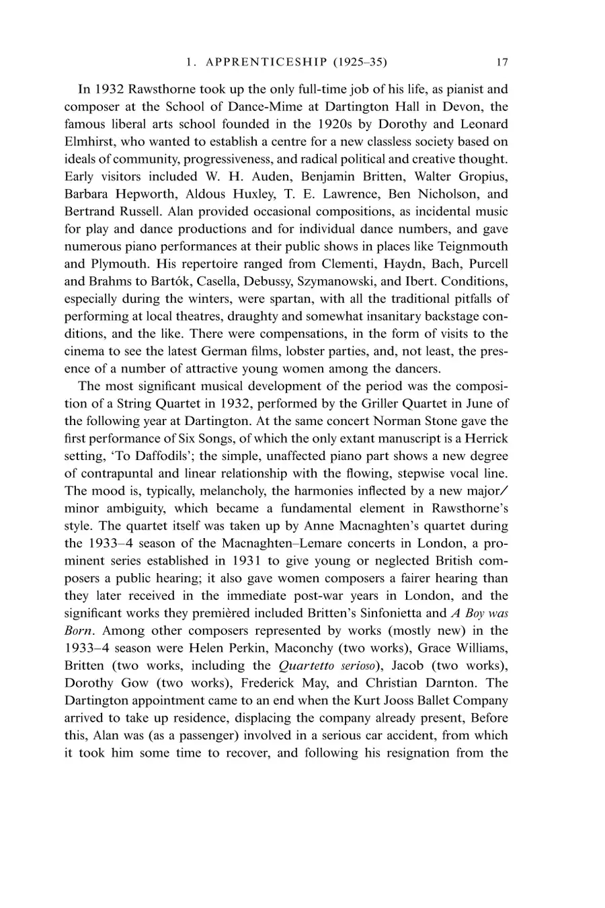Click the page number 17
(x=501, y=63)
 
